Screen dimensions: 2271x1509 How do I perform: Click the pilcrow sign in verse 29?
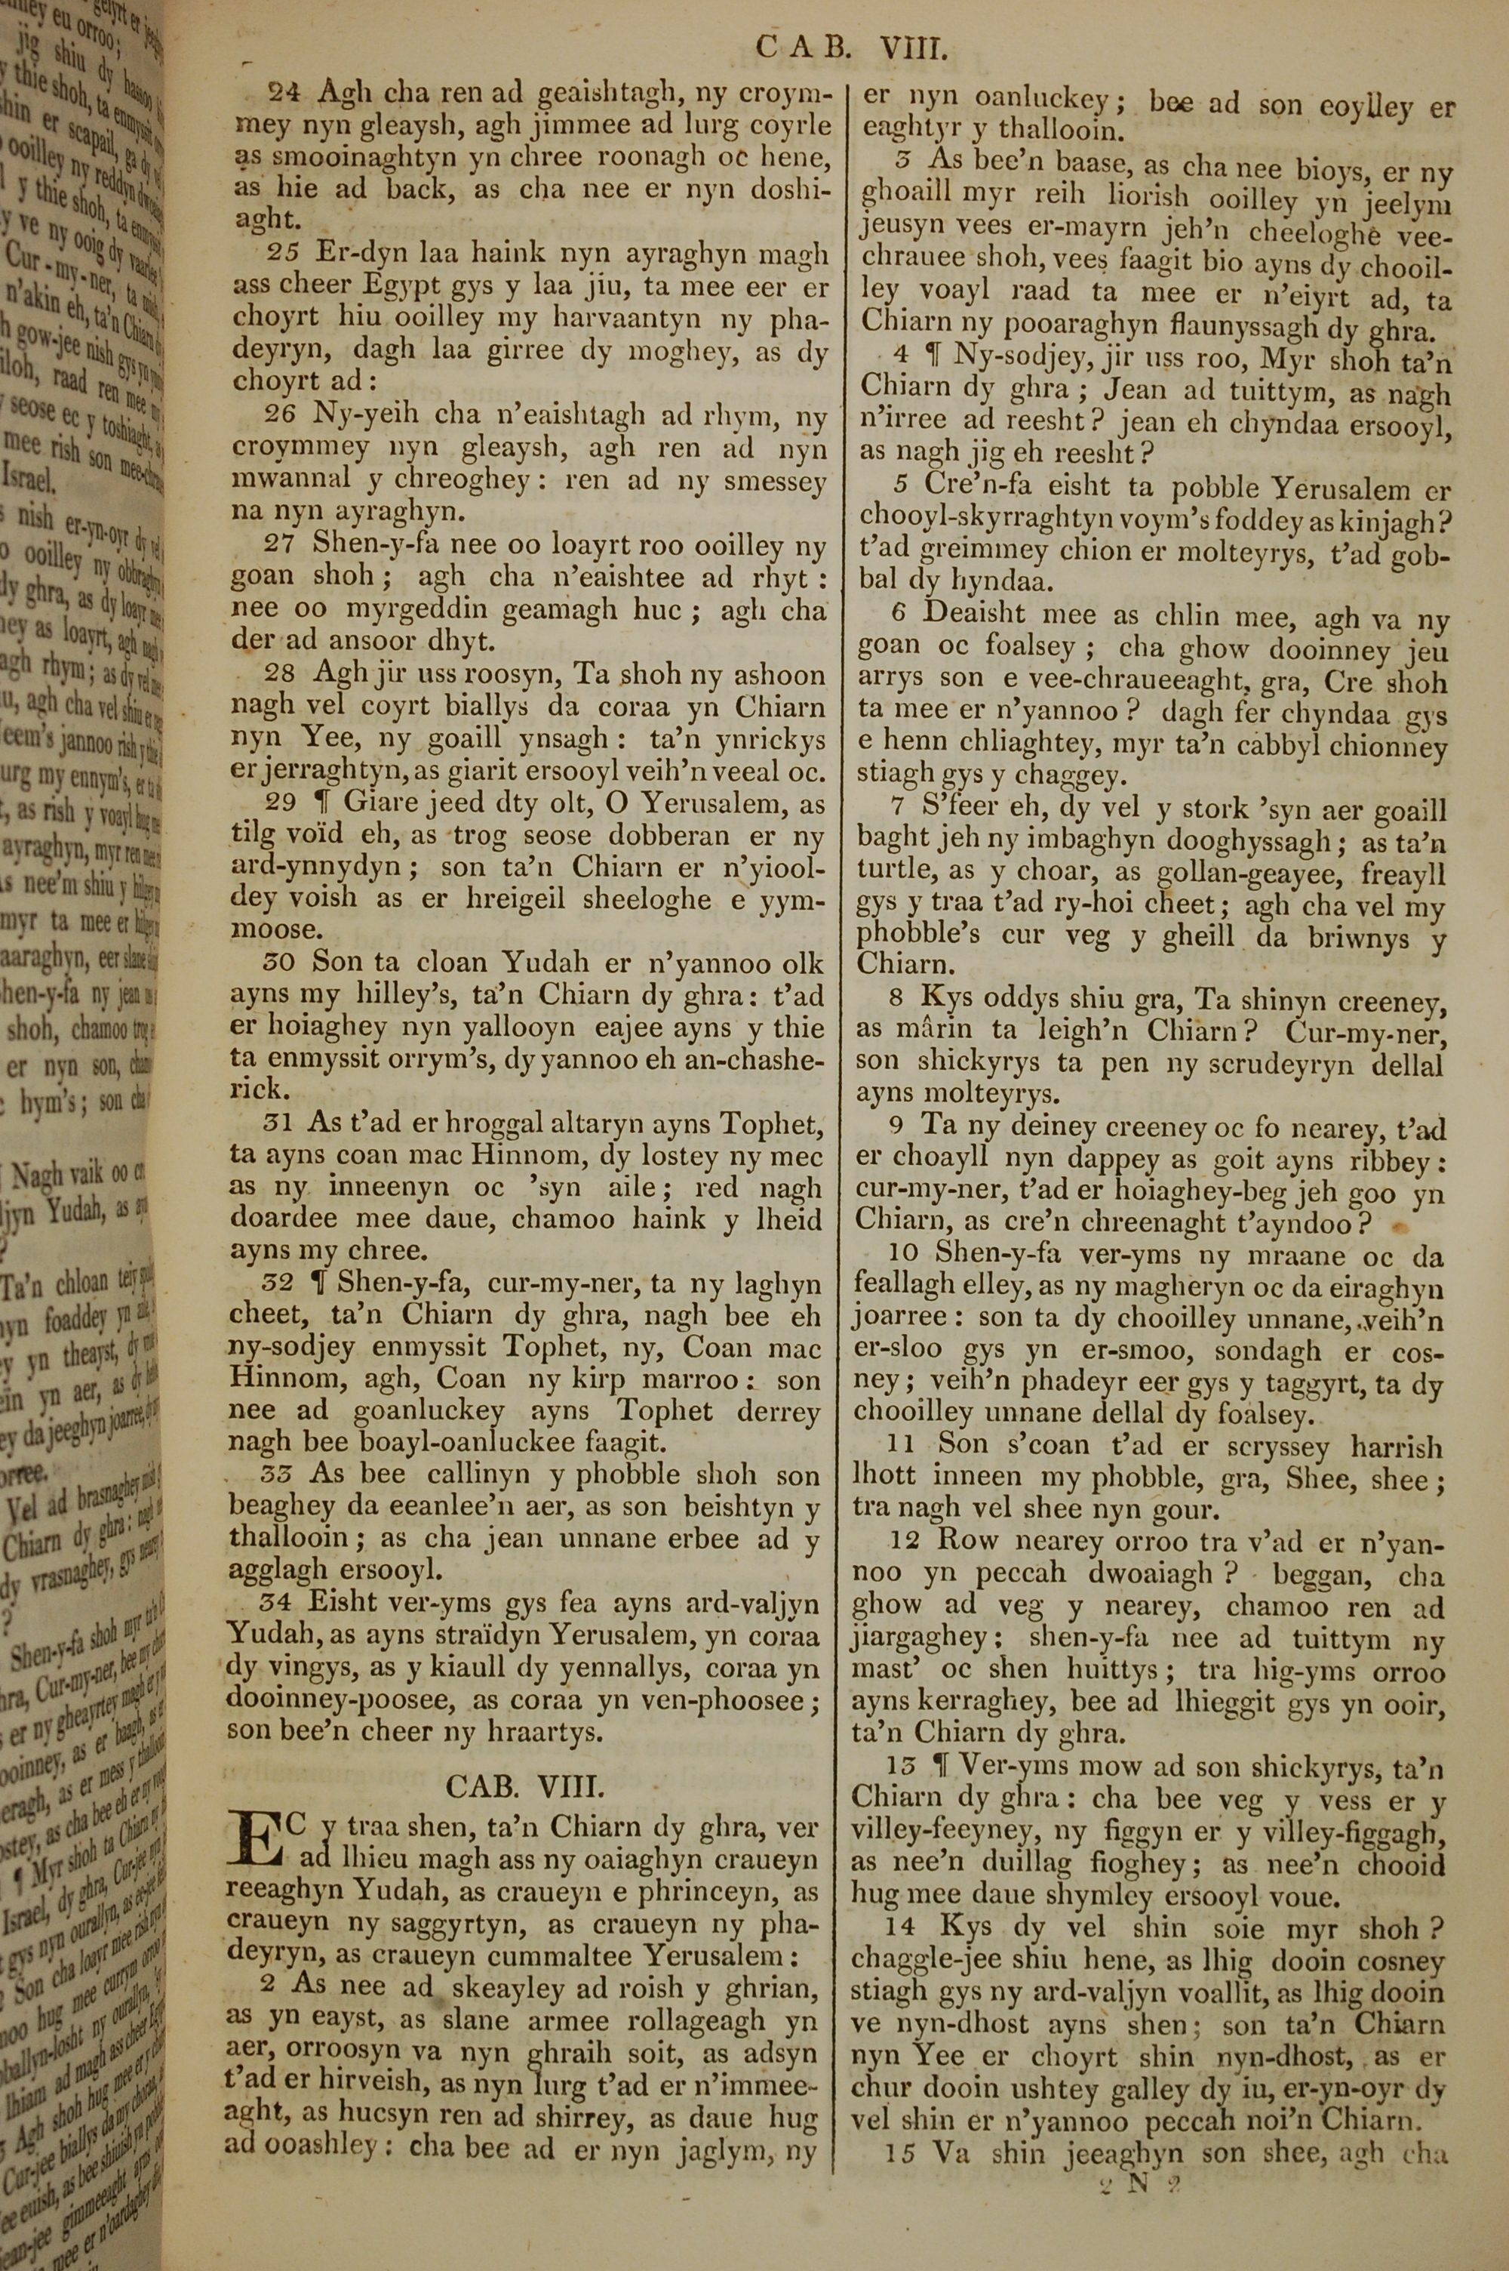[x=325, y=803]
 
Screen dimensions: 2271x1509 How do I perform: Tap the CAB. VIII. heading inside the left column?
[x=524, y=1787]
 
